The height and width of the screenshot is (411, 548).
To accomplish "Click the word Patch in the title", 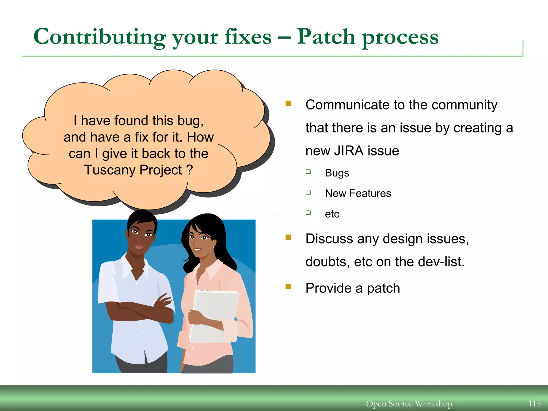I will pyautogui.click(x=326, y=37).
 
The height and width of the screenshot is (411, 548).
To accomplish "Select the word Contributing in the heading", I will pyautogui.click(x=99, y=37).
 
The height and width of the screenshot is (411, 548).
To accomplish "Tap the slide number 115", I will pyautogui.click(x=534, y=404).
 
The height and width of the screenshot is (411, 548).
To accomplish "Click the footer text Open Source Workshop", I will pyautogui.click(x=409, y=404).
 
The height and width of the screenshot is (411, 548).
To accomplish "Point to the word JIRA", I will pyautogui.click(x=349, y=151).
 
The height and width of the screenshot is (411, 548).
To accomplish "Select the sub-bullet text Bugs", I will pyautogui.click(x=337, y=173).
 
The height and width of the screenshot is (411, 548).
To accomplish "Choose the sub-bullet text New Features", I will pyautogui.click(x=358, y=193).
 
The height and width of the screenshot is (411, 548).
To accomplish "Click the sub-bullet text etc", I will pyautogui.click(x=332, y=214).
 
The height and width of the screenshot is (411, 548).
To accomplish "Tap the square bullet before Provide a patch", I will pyautogui.click(x=288, y=287).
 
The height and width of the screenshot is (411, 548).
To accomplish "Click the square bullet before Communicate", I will pyautogui.click(x=288, y=103).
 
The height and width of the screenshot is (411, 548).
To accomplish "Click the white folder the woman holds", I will pyautogui.click(x=216, y=316).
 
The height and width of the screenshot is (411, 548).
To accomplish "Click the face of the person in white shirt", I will pyautogui.click(x=140, y=237).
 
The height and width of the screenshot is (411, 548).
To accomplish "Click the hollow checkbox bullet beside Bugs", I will pyautogui.click(x=308, y=172).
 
